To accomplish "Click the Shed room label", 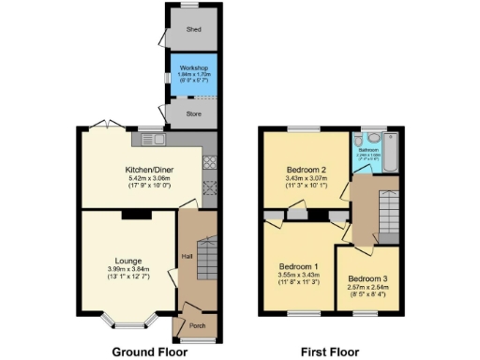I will pos(194,30).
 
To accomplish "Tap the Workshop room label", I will pos(194,67).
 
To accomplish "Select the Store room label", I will pos(194,115).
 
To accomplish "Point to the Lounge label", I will pos(129,261).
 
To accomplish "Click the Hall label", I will pos(187,255).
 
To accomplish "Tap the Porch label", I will pos(198,325).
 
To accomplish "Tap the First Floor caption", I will pos(329,352).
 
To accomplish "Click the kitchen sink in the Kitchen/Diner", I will pos(153,139).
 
